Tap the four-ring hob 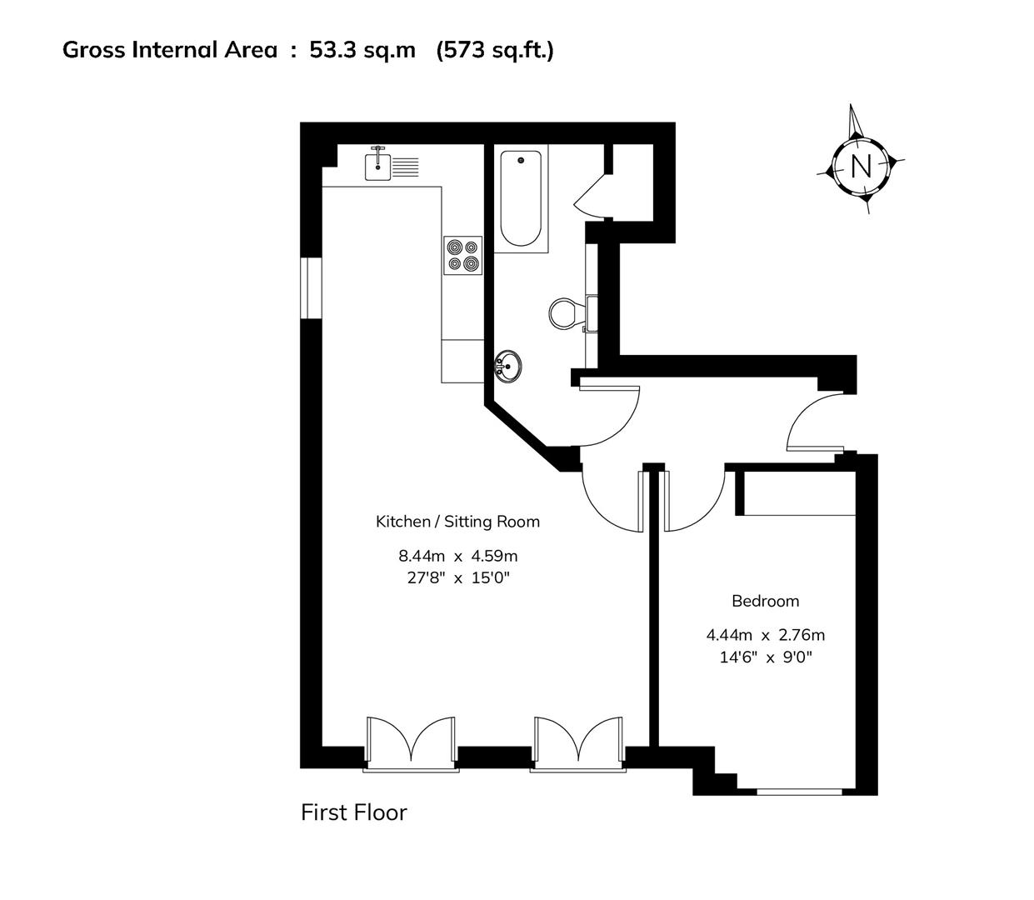[x=462, y=255]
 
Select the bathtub [x=521, y=198]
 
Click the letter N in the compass [x=860, y=167]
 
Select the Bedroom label [x=765, y=601]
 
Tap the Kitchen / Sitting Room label [x=457, y=522]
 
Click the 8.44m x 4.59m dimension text [x=457, y=555]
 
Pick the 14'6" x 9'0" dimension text [x=765, y=657]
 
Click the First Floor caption [x=353, y=812]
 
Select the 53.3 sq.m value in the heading [x=362, y=50]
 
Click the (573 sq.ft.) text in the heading [x=495, y=50]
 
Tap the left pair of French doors [x=411, y=742]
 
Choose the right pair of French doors [x=578, y=742]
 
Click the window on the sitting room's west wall [x=311, y=288]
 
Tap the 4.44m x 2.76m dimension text [x=765, y=635]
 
